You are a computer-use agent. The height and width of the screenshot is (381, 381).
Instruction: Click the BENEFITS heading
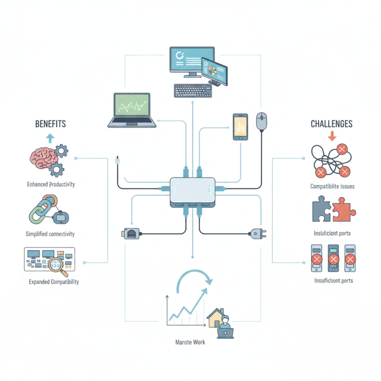tap(50, 124)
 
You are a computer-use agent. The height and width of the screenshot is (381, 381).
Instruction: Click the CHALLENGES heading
tap(331, 124)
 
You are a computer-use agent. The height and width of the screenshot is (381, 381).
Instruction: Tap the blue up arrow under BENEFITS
tap(50, 139)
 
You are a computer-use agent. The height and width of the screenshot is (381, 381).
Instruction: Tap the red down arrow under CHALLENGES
tap(332, 136)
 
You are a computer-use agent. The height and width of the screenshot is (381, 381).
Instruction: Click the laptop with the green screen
tap(132, 110)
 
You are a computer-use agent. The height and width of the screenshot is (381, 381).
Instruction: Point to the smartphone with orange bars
tap(240, 127)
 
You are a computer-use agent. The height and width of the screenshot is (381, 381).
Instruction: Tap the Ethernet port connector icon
tap(131, 234)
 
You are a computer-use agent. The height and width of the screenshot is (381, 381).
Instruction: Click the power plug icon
tap(255, 234)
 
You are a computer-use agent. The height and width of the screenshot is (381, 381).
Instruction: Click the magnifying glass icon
tap(60, 264)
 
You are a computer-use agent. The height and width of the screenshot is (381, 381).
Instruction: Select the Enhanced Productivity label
tap(50, 184)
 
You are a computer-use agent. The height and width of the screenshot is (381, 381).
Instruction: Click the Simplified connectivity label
tap(50, 234)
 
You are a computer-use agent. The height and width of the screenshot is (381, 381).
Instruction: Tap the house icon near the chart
tap(217, 318)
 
